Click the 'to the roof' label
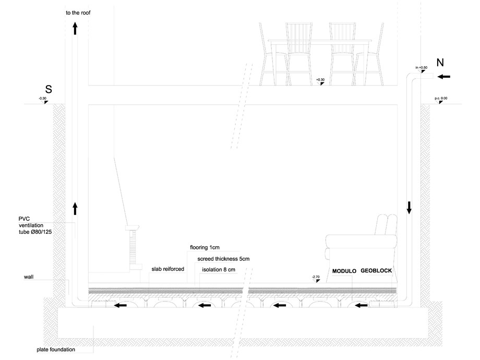pos(79,11)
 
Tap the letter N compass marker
pos(440,63)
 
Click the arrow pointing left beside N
pos(443,77)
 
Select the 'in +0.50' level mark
pos(421,68)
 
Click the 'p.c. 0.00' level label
pos(441,99)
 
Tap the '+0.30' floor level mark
pos(320,80)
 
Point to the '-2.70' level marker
pos(316,277)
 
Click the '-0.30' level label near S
pos(42,99)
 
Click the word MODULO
pos(344,271)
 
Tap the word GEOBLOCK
pos(376,271)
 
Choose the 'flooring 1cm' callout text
pos(206,247)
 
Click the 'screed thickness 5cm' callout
pos(223,258)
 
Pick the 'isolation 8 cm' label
pos(219,269)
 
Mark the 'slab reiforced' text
pos(167,269)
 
